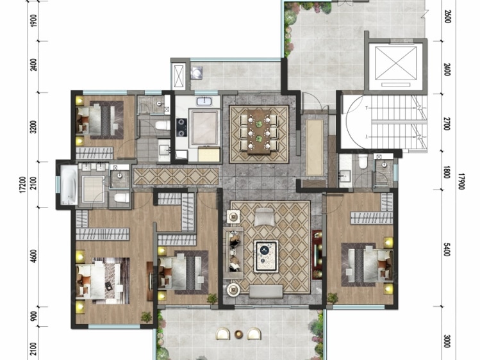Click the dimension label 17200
26,184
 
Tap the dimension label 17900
461,181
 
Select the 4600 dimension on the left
34,256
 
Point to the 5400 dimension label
447,250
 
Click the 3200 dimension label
34,127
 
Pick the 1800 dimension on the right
447,172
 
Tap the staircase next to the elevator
398,122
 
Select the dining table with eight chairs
259,131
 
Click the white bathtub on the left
69,185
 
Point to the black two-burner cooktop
182,127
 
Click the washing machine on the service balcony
196,73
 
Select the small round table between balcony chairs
238,334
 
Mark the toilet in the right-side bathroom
363,161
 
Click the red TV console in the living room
317,254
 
